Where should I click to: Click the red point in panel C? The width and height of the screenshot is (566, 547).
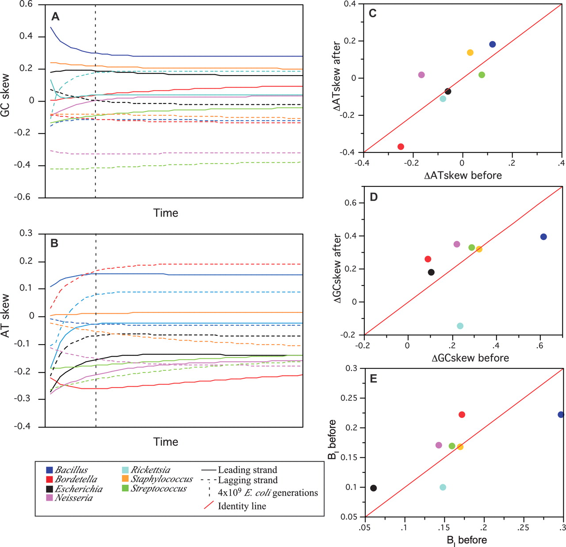(x=401, y=147)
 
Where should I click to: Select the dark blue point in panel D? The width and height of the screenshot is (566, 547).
(x=543, y=237)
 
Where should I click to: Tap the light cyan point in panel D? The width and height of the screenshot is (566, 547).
(x=460, y=326)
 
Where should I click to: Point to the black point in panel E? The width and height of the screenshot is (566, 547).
(x=374, y=488)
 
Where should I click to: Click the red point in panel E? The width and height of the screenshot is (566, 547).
(x=462, y=415)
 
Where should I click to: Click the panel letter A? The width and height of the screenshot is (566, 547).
(x=55, y=17)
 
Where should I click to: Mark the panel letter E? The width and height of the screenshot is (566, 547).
(x=374, y=379)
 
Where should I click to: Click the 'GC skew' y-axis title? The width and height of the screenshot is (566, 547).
(x=6, y=96)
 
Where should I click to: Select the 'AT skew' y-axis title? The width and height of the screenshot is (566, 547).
(x=6, y=315)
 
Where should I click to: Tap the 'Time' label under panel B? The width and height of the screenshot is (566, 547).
(x=166, y=442)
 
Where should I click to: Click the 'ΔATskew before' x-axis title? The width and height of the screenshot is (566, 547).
(x=463, y=176)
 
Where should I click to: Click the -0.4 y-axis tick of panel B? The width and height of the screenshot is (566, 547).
(x=24, y=426)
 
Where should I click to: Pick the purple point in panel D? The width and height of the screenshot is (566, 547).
(x=457, y=244)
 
